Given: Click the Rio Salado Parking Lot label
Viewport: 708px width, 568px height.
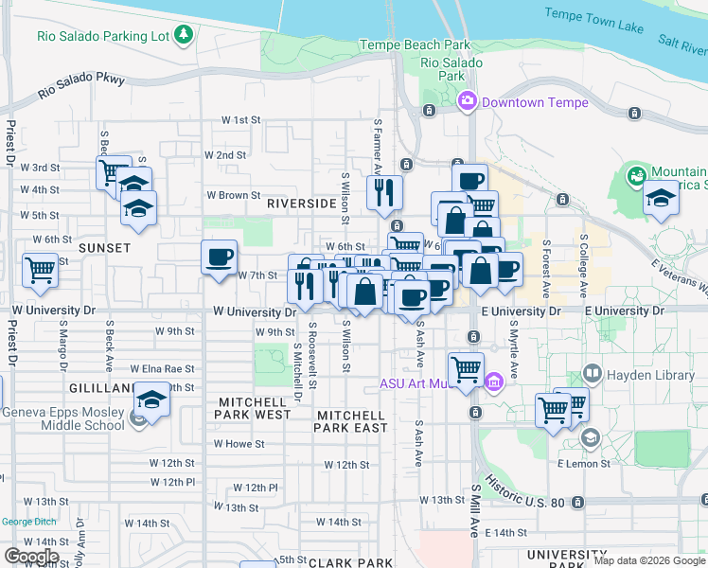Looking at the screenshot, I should (103, 37).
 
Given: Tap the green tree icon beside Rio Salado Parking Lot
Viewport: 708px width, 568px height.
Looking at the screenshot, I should (184, 37).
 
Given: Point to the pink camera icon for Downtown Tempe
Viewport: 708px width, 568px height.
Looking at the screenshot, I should (468, 102).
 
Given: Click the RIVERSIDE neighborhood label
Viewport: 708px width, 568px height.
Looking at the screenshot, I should (302, 204).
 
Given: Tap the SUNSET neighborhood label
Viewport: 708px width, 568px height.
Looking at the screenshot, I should (104, 248).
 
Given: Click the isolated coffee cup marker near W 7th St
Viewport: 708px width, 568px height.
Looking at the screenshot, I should (220, 257).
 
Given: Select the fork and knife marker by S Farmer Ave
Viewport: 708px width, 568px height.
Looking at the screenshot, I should (384, 192).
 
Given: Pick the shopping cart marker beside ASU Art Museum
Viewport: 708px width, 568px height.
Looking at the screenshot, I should (467, 369).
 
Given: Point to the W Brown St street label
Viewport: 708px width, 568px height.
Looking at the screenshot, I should (234, 196).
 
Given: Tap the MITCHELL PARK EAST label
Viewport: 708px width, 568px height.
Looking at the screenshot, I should (351, 421).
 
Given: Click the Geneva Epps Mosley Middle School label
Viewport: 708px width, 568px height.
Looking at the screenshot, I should (64, 418).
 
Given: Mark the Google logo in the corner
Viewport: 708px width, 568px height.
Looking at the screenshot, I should (31, 557).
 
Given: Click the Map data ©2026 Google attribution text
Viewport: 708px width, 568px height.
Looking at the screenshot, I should (648, 560).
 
